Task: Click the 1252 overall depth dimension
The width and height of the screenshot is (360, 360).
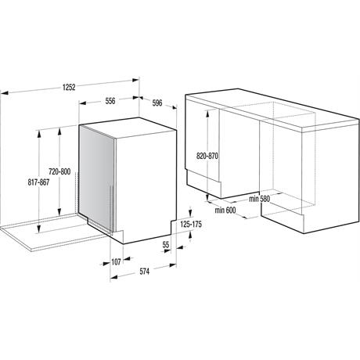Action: (x=69, y=87)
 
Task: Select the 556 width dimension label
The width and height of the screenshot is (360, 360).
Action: (x=110, y=101)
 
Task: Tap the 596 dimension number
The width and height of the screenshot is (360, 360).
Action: (x=157, y=103)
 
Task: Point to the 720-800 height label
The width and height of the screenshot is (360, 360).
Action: (x=59, y=171)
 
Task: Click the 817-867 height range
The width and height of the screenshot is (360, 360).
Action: (x=38, y=182)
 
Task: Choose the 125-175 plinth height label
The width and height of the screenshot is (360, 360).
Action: (x=191, y=224)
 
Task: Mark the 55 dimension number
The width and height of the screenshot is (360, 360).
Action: (x=166, y=245)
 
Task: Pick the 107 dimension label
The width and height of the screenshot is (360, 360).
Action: (x=116, y=261)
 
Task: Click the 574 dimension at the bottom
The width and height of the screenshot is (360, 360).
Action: (x=144, y=272)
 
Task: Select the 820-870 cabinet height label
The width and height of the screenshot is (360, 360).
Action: (x=207, y=156)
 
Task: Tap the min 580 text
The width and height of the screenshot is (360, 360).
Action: (x=259, y=199)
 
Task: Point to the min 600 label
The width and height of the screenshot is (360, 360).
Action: (x=225, y=210)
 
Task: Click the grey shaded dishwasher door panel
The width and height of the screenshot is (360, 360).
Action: (x=96, y=178)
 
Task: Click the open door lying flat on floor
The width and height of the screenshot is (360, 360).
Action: (x=52, y=233)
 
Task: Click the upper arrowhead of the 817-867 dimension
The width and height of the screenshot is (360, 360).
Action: (x=39, y=133)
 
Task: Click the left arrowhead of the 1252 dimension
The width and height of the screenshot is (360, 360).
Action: (x=5, y=92)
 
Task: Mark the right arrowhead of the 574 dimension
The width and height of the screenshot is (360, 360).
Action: (x=173, y=265)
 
